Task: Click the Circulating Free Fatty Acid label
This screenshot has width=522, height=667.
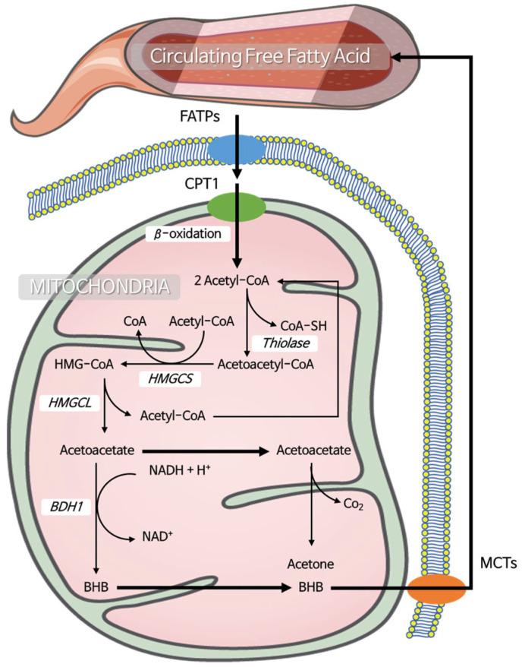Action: tap(259, 56)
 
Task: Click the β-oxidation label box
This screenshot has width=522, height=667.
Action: tap(187, 234)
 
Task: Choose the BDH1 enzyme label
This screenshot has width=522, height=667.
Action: tap(68, 504)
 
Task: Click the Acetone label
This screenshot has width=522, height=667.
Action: tap(312, 563)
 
